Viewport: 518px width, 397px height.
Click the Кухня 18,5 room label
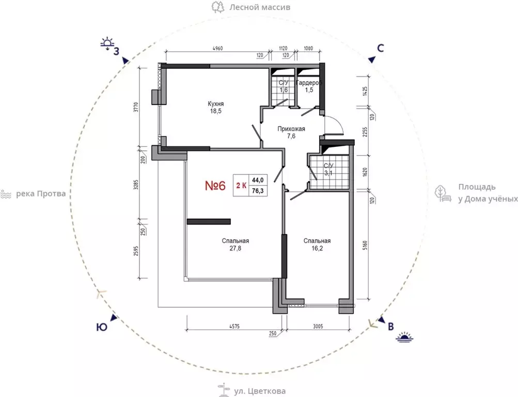(x=215, y=108)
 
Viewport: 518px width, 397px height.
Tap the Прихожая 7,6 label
(x=291, y=132)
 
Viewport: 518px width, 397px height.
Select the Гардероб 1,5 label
(x=309, y=86)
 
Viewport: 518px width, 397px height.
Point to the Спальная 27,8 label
(x=235, y=245)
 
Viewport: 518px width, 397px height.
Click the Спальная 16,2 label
(x=317, y=245)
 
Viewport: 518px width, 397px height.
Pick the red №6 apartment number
(x=215, y=186)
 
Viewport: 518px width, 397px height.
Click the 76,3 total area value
(x=258, y=191)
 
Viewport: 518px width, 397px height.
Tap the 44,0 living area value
(x=258, y=180)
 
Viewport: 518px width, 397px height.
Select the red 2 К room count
(x=241, y=186)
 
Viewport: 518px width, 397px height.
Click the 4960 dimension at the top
(x=217, y=48)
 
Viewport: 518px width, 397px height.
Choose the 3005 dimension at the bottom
(x=318, y=326)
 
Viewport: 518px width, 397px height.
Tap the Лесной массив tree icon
(x=218, y=7)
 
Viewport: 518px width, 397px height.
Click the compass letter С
(x=381, y=48)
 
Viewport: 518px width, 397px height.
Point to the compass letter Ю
(x=102, y=327)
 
